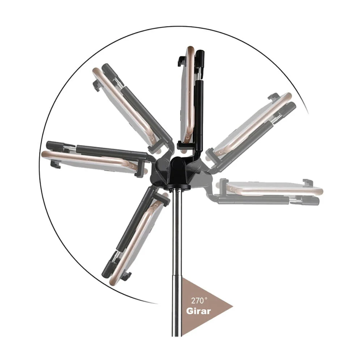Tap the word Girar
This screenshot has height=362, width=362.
coord(198,311)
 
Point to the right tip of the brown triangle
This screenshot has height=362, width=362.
coord(232,307)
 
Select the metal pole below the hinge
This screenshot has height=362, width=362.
coord(177,261)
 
